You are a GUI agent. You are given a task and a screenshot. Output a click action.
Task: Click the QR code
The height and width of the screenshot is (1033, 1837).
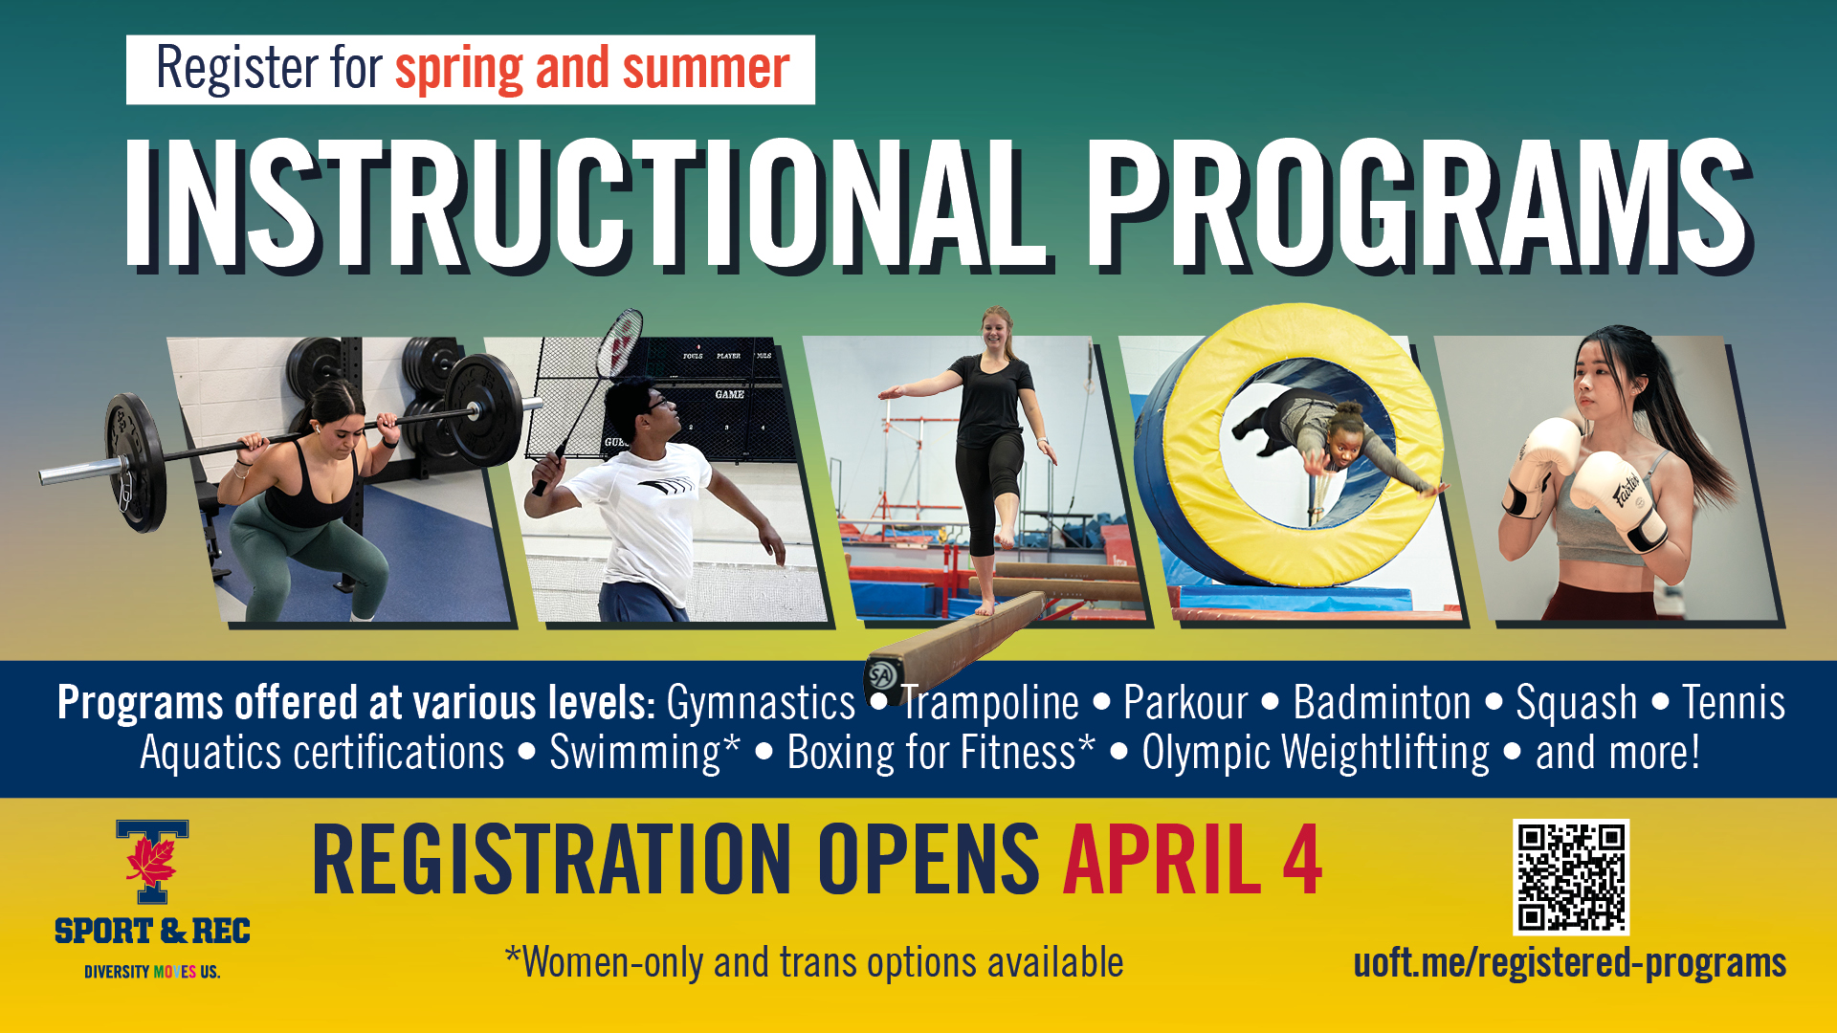point(1570,876)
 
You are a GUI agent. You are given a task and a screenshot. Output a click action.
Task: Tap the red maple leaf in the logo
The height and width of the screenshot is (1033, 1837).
point(151,859)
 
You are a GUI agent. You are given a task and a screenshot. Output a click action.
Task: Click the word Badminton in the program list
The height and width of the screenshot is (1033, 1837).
point(1382,703)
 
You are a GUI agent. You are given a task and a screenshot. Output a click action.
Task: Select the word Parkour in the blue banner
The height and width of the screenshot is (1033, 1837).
point(1185,703)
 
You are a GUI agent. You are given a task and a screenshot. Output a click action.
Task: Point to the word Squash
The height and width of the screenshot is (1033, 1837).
point(1576,703)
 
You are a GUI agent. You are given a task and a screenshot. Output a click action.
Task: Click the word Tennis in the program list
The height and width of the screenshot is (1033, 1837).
point(1733,703)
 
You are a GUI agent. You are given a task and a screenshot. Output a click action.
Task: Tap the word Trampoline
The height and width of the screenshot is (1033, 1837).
point(989,703)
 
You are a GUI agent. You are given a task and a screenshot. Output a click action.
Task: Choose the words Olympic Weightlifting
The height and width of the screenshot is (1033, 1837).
point(1315,753)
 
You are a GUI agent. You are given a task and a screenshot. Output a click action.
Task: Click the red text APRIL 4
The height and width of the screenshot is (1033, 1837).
point(1192,860)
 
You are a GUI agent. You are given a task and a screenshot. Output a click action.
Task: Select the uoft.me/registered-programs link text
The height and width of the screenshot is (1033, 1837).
point(1569,962)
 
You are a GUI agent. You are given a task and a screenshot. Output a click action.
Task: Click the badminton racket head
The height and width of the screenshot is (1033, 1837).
point(620,341)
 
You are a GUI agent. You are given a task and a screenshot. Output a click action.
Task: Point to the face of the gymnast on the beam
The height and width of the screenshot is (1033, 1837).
point(995,330)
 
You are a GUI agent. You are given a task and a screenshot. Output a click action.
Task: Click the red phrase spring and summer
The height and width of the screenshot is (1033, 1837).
point(592,69)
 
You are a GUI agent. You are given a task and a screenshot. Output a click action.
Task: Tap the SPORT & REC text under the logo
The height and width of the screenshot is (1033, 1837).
point(152,931)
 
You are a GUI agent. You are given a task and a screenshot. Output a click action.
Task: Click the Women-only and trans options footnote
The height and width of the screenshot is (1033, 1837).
point(814,962)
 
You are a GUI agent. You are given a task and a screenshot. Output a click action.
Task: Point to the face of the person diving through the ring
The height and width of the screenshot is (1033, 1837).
point(1340,443)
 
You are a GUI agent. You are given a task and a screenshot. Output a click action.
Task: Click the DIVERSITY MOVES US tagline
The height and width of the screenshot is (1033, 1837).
point(152,972)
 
